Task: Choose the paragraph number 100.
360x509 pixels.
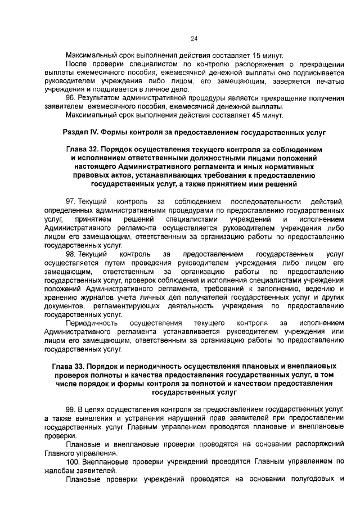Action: tap(73, 461)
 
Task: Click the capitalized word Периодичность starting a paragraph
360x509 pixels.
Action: tap(92, 323)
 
